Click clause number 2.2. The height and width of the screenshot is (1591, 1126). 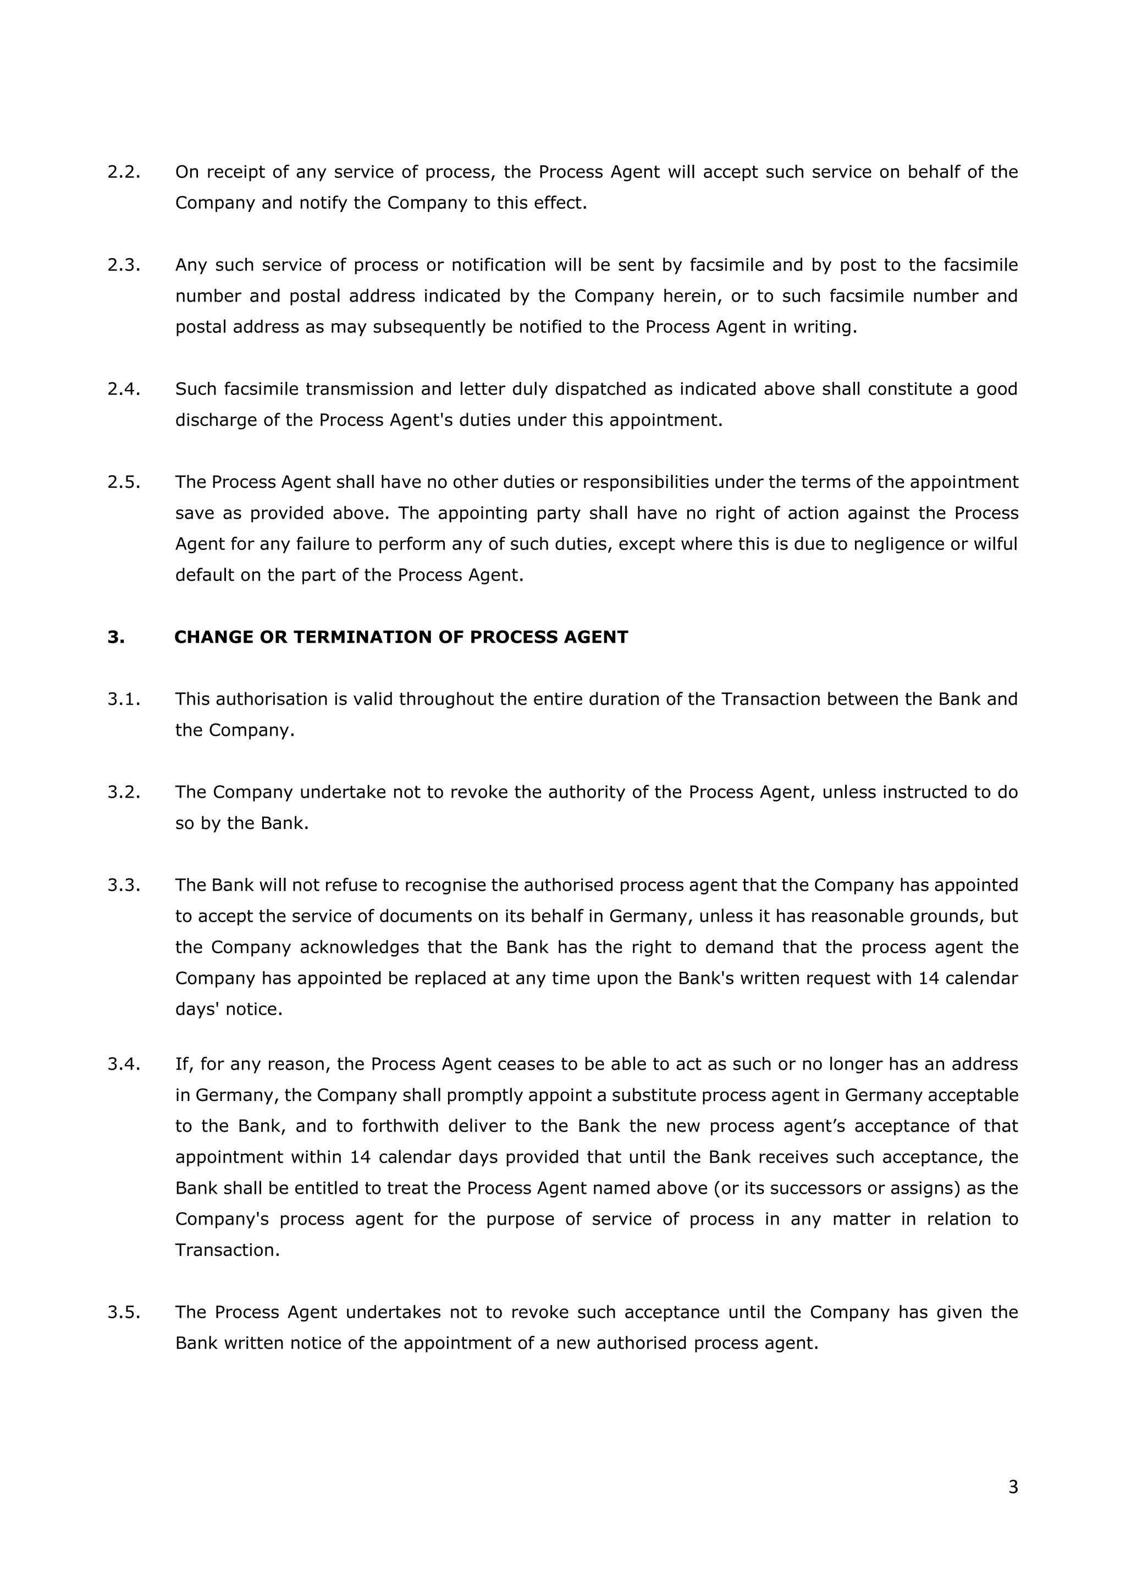click(x=123, y=172)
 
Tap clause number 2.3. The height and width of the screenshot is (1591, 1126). click(x=123, y=265)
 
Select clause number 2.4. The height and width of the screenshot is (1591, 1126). click(x=123, y=389)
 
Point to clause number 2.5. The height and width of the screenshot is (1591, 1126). click(x=123, y=482)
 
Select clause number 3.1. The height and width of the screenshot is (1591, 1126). click(x=123, y=699)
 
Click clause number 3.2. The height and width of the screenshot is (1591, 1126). click(x=123, y=792)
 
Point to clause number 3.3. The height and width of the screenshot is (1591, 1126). click(x=123, y=885)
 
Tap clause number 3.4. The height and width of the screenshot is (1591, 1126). click(x=123, y=1064)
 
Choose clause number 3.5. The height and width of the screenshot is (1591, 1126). click(x=123, y=1312)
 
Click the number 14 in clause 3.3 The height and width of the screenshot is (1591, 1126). click(x=929, y=978)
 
